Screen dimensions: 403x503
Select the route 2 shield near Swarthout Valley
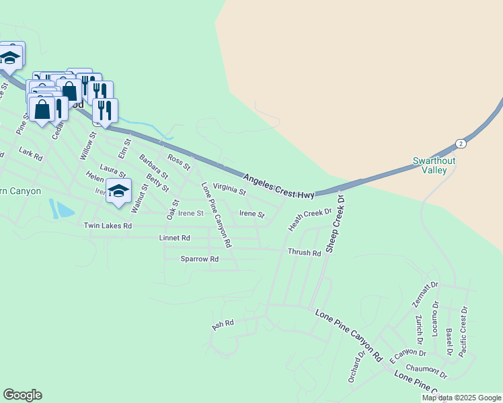coord(460,144)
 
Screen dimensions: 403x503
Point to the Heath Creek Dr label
coord(311,219)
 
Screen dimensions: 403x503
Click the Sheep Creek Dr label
coord(335,224)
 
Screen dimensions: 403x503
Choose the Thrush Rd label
coord(305,253)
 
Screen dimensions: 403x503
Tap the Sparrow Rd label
coord(200,259)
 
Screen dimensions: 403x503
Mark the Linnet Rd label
coord(174,238)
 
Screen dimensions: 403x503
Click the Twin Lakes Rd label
coord(108,226)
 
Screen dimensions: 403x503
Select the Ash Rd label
coord(223,324)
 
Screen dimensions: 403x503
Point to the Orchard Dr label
coord(356,367)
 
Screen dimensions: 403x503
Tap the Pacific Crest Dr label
coord(464,324)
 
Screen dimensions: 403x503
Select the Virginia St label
coord(229,189)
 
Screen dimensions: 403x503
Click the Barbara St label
coord(153,167)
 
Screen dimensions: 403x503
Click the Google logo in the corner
coord(22,395)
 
